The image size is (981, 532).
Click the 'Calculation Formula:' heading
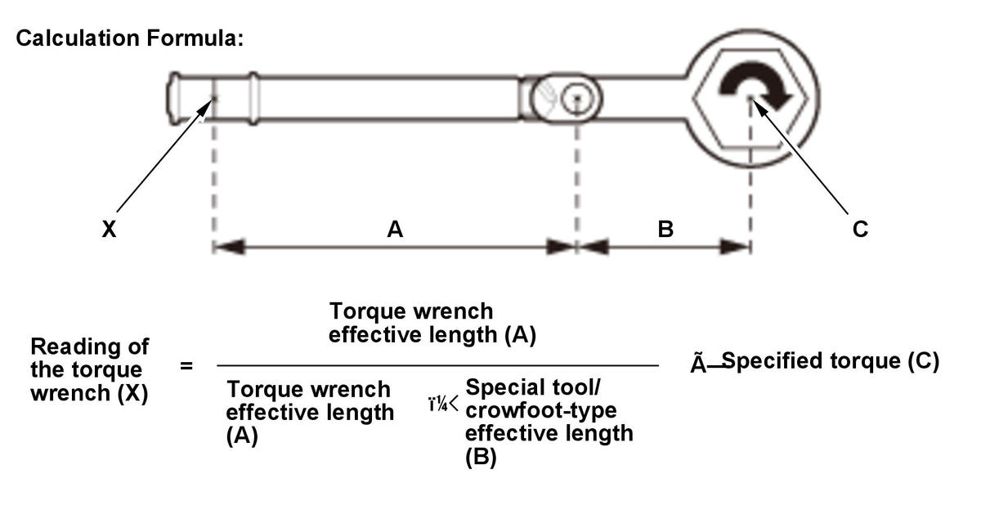(130, 38)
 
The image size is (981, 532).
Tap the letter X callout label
(109, 230)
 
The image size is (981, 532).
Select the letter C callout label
(860, 230)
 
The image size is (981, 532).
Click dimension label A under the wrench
(395, 230)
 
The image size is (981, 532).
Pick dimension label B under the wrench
(665, 230)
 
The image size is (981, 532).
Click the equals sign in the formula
(186, 366)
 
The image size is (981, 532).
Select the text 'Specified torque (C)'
(831, 361)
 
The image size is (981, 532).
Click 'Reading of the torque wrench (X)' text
(89, 370)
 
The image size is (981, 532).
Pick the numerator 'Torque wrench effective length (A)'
(432, 323)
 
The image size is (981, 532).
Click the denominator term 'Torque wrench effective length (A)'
(310, 412)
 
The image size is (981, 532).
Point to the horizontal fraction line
(437, 366)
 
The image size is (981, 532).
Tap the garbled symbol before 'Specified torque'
(705, 364)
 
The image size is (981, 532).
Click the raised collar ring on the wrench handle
(252, 98)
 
